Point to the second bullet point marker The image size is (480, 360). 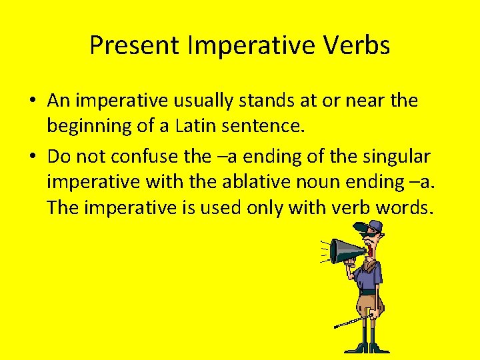33,157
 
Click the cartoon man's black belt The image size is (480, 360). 369,291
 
